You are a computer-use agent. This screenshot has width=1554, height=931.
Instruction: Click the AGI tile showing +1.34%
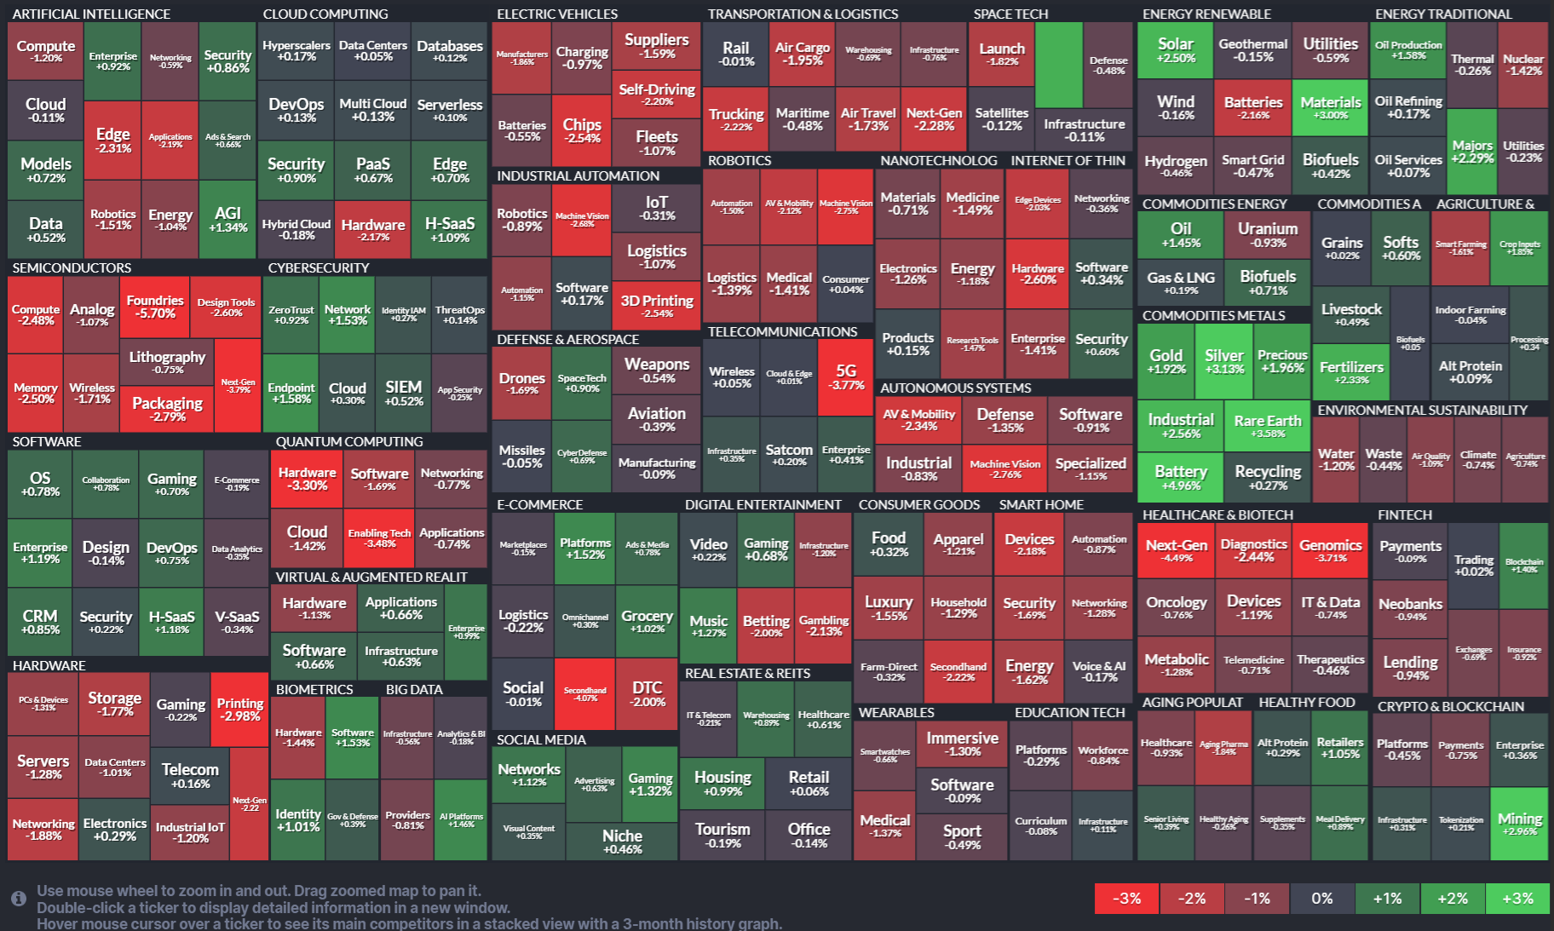[x=227, y=219]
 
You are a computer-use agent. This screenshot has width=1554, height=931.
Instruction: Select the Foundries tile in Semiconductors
[x=155, y=307]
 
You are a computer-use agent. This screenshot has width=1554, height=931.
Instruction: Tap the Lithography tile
[x=167, y=361]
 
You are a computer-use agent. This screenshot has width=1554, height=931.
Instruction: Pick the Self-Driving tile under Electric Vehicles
[x=656, y=94]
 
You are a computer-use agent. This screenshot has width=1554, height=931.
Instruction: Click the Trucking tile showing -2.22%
[x=736, y=118]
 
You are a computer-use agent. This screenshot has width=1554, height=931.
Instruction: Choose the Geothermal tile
[x=1252, y=49]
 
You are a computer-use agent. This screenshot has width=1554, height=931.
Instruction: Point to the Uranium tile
[x=1267, y=234]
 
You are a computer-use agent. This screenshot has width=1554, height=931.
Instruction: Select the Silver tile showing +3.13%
[x=1223, y=360]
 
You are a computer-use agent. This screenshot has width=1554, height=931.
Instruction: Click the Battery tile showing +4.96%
[x=1180, y=477]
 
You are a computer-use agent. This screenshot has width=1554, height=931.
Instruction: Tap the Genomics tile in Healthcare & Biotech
[x=1330, y=550]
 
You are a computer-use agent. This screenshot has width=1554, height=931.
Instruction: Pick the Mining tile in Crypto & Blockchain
[x=1519, y=824]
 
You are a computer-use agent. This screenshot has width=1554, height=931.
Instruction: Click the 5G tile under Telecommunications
[x=845, y=376]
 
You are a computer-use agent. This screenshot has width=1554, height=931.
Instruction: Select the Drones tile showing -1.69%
[x=521, y=383]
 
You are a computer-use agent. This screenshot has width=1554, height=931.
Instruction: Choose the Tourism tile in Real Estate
[x=722, y=835]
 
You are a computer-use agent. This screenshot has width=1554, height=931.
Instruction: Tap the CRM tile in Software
[x=40, y=621]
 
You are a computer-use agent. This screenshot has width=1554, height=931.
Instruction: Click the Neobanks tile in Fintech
[x=1410, y=609]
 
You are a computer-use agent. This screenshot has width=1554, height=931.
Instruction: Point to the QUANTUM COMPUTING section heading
[x=349, y=441]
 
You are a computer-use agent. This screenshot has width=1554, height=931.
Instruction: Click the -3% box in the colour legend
[x=1126, y=899]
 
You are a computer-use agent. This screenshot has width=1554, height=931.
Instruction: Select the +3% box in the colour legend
[x=1517, y=899]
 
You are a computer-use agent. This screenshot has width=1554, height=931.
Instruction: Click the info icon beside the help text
[x=18, y=899]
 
